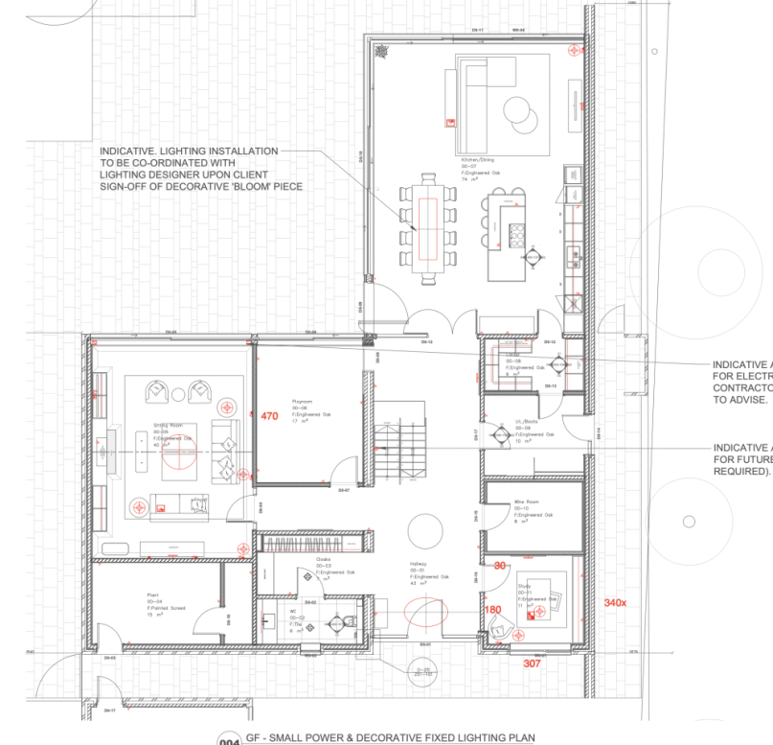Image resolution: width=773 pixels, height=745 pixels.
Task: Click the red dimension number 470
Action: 269,416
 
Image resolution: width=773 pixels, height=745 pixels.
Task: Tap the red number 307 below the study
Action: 532,663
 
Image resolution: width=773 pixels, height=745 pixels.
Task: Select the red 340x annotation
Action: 615,602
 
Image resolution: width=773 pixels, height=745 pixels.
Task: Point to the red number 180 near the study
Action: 492,610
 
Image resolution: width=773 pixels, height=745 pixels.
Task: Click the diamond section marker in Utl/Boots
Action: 499,434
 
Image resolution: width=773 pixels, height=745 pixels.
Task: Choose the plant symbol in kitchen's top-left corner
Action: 381,48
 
